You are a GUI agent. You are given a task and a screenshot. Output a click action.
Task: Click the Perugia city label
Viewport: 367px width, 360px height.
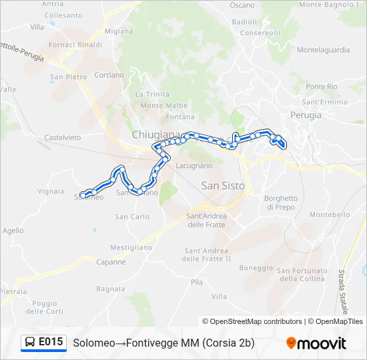pos(306,115)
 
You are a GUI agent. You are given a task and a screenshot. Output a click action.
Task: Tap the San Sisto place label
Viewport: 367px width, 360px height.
pos(223,185)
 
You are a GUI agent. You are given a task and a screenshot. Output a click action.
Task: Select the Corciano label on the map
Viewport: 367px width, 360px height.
pos(109,75)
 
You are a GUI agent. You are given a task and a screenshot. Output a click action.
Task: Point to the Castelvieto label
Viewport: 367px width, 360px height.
pos(62,137)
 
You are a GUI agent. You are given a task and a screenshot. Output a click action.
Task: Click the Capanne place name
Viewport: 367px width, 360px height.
pos(110,262)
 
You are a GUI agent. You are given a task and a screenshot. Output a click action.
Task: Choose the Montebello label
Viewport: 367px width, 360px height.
pos(330,215)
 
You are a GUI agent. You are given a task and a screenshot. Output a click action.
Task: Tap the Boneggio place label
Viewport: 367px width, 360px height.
pos(256,268)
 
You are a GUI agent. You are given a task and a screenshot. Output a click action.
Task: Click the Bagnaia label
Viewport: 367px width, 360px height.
pos(111,289)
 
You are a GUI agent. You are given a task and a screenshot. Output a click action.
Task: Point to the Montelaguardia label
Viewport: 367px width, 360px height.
pos(323,50)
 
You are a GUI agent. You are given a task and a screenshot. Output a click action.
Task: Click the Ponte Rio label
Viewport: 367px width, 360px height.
pos(322,87)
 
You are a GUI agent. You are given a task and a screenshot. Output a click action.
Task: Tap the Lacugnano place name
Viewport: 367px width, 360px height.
pos(194,165)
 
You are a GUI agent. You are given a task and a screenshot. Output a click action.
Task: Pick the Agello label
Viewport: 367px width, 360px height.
pos(13,230)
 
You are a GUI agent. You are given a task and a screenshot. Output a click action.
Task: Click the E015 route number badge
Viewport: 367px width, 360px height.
pos(51,342)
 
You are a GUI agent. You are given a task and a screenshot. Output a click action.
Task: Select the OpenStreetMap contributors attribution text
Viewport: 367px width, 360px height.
pos(252,321)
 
